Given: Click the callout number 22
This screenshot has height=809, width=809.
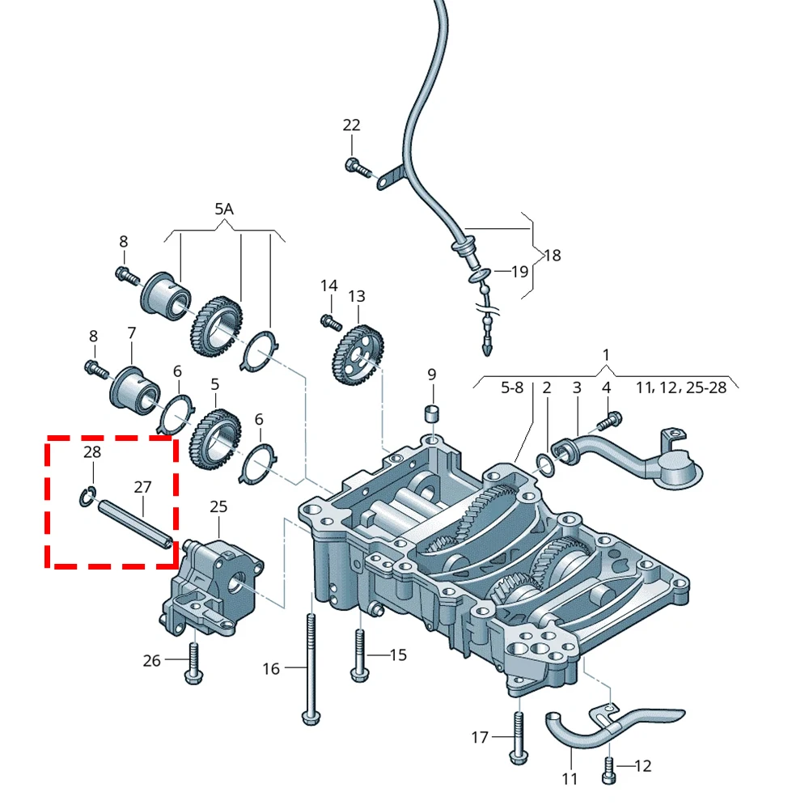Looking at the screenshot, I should tap(351, 125).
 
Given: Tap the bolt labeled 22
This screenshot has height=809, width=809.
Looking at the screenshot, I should tap(356, 167).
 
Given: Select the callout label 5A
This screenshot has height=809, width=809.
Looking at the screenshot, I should tap(224, 210).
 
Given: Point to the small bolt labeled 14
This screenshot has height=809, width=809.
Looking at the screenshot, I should tap(329, 322).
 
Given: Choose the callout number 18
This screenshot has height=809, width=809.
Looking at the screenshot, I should tap(552, 256).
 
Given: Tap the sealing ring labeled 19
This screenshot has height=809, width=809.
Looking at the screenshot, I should tap(481, 277).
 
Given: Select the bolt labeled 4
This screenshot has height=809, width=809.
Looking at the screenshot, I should tap(609, 421).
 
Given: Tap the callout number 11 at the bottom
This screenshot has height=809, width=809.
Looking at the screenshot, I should tap(570, 779).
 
